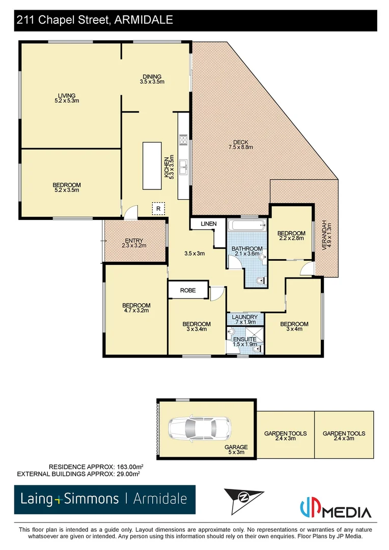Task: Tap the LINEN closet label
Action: tap(209, 224)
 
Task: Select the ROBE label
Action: tap(188, 290)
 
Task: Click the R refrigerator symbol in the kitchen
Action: tap(158, 209)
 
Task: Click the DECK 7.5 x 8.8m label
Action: tap(240, 145)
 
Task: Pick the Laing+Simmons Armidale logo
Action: tap(104, 499)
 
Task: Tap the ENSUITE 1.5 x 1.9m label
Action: tap(244, 342)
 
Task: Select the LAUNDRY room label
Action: tap(245, 319)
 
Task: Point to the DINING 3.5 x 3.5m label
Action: tap(152, 79)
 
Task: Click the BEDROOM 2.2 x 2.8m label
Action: tap(291, 235)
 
